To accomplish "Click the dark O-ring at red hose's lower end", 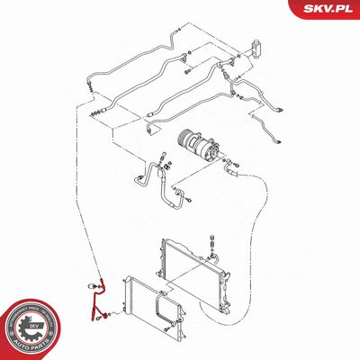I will click(106, 315).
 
